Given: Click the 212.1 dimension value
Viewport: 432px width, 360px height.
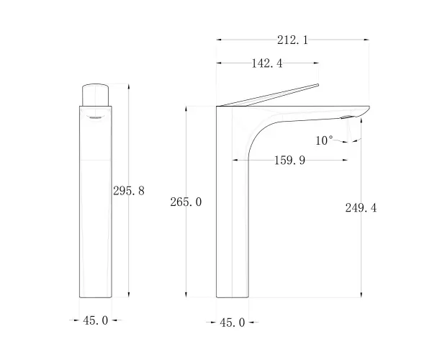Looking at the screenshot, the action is tap(292, 40).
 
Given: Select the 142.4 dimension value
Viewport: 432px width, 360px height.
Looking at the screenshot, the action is tap(267, 63).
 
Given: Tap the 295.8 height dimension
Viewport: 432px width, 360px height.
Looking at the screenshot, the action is tap(129, 191).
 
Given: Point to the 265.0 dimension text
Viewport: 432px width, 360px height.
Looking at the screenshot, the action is tap(186, 202).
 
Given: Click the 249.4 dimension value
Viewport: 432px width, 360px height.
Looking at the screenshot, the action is tap(361, 208).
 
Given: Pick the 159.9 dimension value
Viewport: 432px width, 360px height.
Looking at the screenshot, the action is tap(290, 161).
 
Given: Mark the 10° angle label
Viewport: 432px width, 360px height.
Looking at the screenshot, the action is tap(324, 140).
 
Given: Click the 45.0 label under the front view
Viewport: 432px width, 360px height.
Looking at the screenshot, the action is tap(95, 320).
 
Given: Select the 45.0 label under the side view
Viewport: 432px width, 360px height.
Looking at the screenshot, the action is tap(233, 323).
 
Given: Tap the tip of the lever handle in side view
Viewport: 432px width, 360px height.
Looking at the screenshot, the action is tap(318, 85).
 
